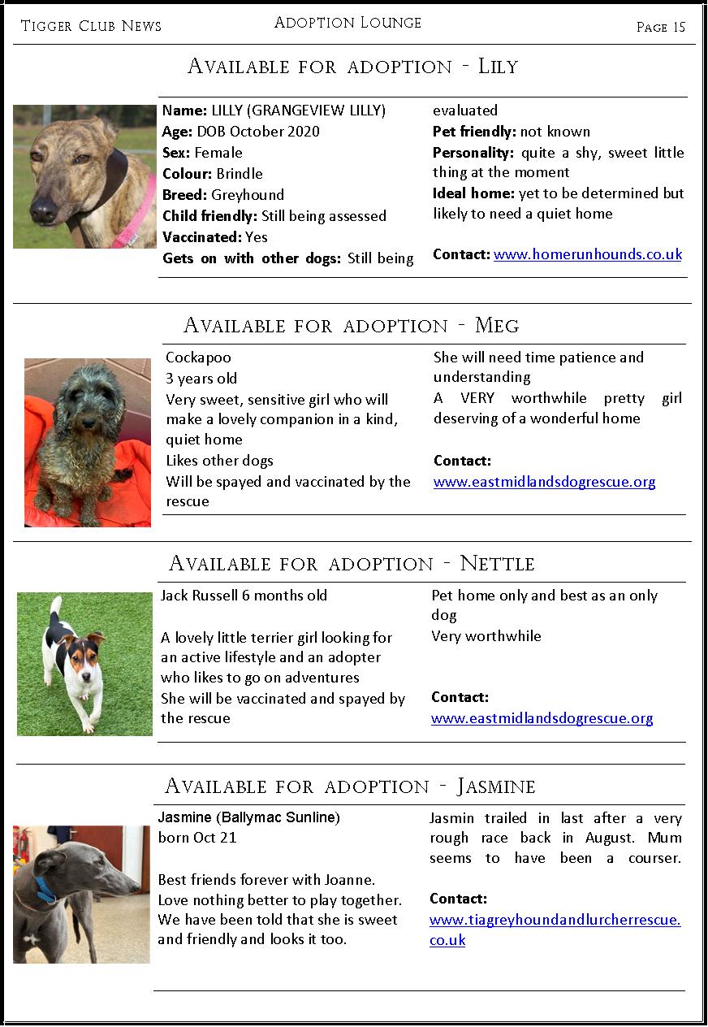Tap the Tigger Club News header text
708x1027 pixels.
[x=91, y=26]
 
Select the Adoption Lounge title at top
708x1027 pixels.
[x=348, y=23]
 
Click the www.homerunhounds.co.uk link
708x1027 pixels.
[x=588, y=254]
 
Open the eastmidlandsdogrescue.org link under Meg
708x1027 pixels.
[x=544, y=482]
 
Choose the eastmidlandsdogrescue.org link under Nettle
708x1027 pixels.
[x=542, y=718]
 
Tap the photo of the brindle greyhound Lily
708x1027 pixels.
[x=84, y=176]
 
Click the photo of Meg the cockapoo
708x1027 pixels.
[x=88, y=443]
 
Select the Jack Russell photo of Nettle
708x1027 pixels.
[x=84, y=664]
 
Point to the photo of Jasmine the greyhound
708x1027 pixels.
[x=81, y=895]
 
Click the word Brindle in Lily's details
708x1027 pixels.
[x=240, y=174]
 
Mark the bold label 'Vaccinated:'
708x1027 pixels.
[x=201, y=237]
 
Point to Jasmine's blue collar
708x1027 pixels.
[x=45, y=890]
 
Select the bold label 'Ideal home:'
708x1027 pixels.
[x=473, y=193]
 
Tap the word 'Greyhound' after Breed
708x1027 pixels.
[x=248, y=195]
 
